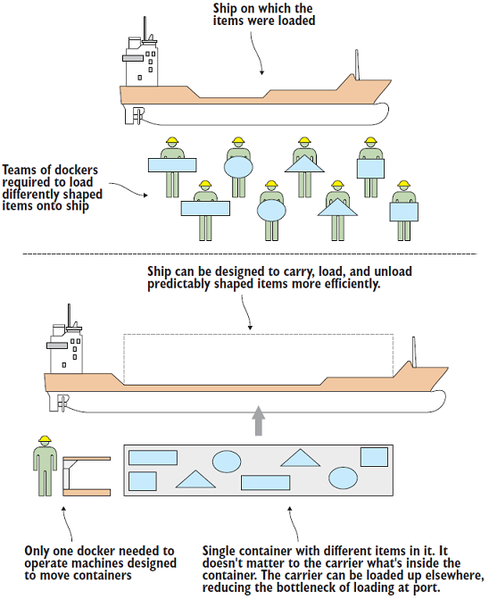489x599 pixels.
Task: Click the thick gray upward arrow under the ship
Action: (259, 420)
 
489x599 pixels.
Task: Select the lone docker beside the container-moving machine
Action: (45, 466)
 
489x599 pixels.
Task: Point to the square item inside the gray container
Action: (374, 457)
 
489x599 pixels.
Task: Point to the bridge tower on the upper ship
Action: (140, 61)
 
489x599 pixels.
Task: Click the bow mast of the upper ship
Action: (357, 64)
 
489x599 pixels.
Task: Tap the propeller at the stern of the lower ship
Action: (62, 403)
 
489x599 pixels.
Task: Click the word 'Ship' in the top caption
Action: (225, 8)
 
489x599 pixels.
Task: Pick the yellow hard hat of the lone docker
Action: (45, 440)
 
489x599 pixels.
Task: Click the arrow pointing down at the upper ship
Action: (258, 53)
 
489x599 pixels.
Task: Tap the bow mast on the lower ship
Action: (414, 353)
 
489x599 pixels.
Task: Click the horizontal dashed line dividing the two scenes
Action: (250, 254)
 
